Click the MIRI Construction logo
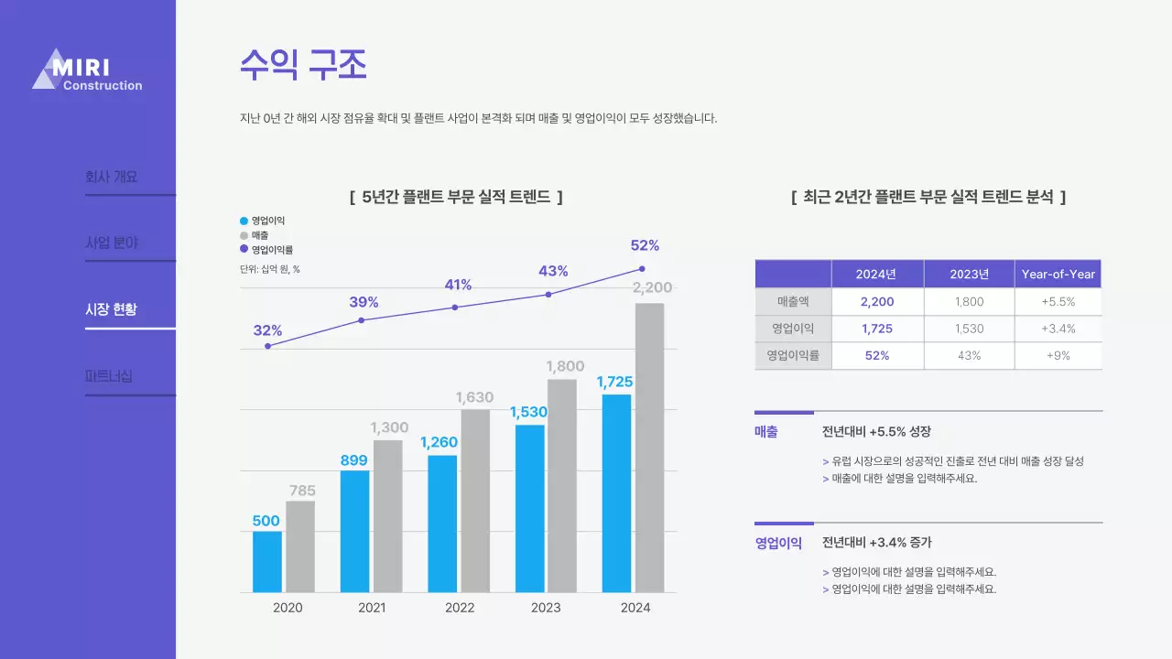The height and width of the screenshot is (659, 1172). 87,70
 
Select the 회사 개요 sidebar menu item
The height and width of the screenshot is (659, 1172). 111,177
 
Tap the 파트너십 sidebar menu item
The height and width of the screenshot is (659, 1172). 109,376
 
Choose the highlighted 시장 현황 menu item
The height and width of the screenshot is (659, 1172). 111,309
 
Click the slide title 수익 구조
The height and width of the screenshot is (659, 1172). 303,65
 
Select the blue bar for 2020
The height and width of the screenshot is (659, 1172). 267,561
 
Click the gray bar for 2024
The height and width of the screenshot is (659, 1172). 649,448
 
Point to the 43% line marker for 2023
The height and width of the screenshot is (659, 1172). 548,295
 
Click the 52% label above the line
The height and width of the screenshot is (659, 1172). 645,245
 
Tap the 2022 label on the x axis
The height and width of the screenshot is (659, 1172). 460,608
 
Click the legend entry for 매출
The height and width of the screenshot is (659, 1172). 260,235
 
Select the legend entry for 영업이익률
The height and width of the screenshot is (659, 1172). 271,249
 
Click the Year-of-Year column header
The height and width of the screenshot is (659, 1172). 1058,274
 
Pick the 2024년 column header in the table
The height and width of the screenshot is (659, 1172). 876,274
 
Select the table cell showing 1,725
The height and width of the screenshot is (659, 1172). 876,329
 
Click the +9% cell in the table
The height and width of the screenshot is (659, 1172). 1058,356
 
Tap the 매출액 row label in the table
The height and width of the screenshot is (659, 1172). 793,301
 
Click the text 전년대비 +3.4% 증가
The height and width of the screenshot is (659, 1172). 876,543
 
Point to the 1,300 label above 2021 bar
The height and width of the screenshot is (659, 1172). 389,427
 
